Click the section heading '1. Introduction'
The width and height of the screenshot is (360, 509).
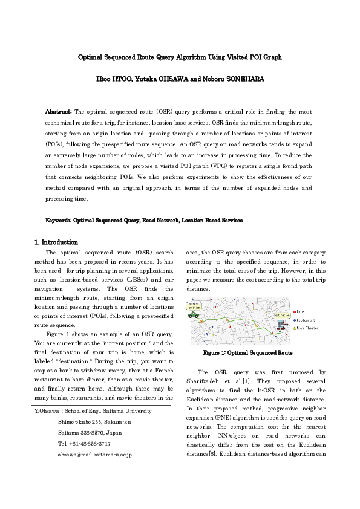coord(56,242)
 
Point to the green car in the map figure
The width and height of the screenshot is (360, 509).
coord(195,315)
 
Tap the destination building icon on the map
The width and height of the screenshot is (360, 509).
coord(281,326)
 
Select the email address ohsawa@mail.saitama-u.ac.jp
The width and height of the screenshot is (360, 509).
coord(95,453)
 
